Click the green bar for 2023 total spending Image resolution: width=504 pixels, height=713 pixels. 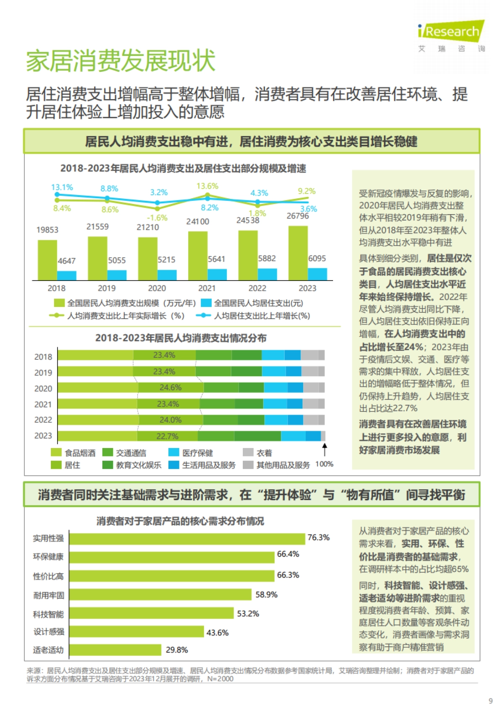298,253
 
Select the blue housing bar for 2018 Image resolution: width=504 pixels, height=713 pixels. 67,275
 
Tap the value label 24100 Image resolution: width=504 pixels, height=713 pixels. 197,221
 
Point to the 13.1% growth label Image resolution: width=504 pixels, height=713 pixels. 62,187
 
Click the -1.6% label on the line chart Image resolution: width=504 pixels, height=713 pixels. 157,218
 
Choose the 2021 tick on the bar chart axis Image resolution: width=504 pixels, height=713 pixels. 207,288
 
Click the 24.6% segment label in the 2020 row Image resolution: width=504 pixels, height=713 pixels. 171,388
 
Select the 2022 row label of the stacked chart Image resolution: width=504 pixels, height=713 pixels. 43,420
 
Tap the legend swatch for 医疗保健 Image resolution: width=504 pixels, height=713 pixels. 173,452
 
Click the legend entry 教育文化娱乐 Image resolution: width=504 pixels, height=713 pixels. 139,465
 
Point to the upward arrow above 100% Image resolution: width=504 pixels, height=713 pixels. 324,449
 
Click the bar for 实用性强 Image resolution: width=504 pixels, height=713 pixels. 187,539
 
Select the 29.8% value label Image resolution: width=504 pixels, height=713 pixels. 177,650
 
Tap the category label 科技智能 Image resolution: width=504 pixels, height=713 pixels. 48,614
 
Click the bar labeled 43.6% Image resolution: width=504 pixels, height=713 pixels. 136,632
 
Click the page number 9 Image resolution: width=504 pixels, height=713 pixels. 491,701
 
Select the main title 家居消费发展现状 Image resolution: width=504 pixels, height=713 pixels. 121,61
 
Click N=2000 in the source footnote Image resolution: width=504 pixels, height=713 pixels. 220,679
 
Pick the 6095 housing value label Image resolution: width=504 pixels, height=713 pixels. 317,259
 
